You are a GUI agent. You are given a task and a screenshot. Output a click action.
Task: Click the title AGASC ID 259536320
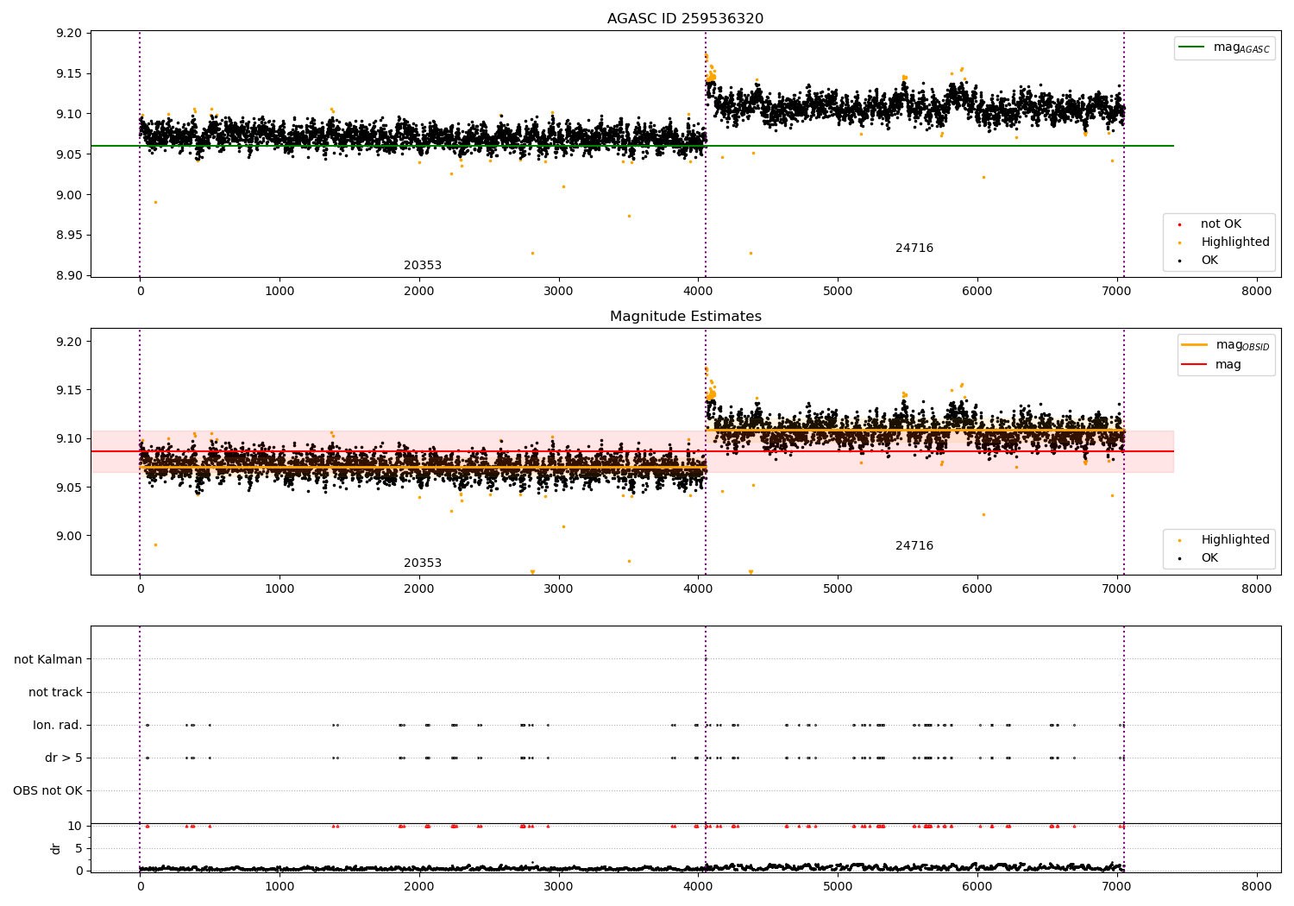[x=685, y=19]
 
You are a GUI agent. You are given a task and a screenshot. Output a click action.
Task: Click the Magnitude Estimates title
[x=685, y=317]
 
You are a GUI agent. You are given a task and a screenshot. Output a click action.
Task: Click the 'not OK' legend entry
[x=1220, y=224]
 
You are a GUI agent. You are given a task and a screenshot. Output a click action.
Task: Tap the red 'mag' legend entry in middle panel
[x=1228, y=365]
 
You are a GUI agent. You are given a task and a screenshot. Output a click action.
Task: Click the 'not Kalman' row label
[x=48, y=659]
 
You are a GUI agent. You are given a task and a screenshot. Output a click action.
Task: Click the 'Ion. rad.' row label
[x=58, y=725]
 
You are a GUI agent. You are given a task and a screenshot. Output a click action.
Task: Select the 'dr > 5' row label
[x=63, y=758]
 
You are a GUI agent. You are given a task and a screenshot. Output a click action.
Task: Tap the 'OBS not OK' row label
[x=47, y=790]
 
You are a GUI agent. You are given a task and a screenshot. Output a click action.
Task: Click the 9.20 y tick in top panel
[x=68, y=33]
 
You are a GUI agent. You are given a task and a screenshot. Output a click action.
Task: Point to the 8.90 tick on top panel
[x=68, y=275]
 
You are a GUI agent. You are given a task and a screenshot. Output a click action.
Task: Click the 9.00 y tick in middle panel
[x=68, y=536]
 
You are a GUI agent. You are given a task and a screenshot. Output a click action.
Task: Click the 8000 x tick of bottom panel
[x=1256, y=886]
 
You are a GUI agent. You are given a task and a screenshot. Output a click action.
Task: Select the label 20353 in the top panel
[x=423, y=266]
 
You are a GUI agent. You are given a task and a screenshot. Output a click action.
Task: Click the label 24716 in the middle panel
[x=914, y=546]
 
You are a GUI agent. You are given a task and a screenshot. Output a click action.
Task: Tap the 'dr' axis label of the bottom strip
[x=56, y=848]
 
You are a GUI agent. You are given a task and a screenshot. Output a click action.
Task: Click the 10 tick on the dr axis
[x=75, y=826]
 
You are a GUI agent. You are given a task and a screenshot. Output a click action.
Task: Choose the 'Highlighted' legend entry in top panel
[x=1234, y=242]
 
